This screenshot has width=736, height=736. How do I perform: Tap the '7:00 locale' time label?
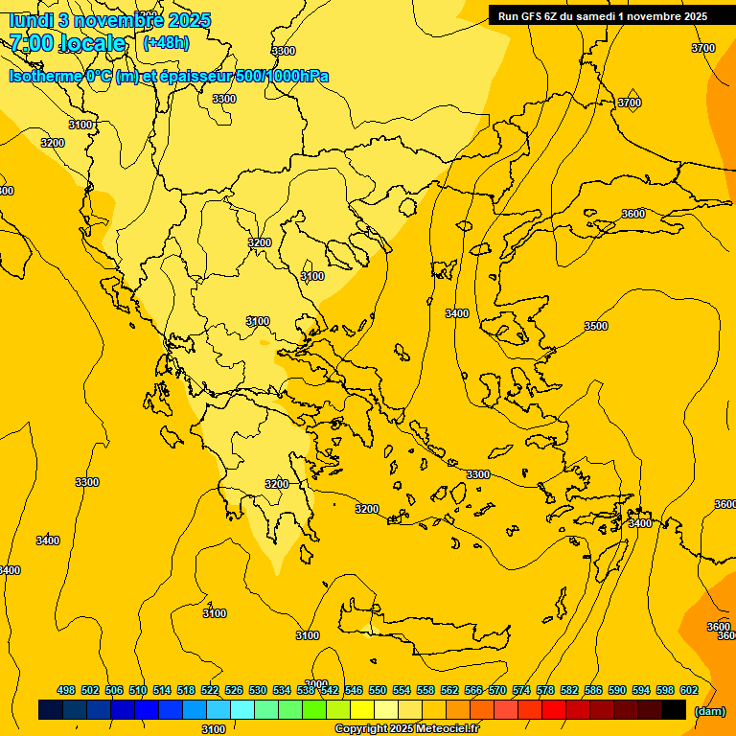coord(68,43)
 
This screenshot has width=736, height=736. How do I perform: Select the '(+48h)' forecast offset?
coord(166,42)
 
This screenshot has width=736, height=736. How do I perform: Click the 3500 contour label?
coord(596,326)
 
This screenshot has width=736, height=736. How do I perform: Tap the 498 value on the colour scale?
coord(66,690)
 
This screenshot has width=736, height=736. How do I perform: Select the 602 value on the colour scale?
coord(689,690)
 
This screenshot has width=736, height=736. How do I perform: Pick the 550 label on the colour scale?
coord(378,690)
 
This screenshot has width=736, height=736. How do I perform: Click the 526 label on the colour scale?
coord(234,690)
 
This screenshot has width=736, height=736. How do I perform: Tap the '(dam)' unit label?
coord(709,711)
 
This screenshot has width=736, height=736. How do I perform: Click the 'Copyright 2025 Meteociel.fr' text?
coord(407,729)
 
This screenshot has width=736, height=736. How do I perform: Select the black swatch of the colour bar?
coord(674,709)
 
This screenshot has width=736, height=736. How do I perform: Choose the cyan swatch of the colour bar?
coord(242,709)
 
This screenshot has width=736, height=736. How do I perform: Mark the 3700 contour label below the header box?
coord(630,103)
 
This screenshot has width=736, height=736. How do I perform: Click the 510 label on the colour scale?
coord(138,690)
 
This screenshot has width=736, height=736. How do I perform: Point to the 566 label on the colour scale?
coord(473,690)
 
